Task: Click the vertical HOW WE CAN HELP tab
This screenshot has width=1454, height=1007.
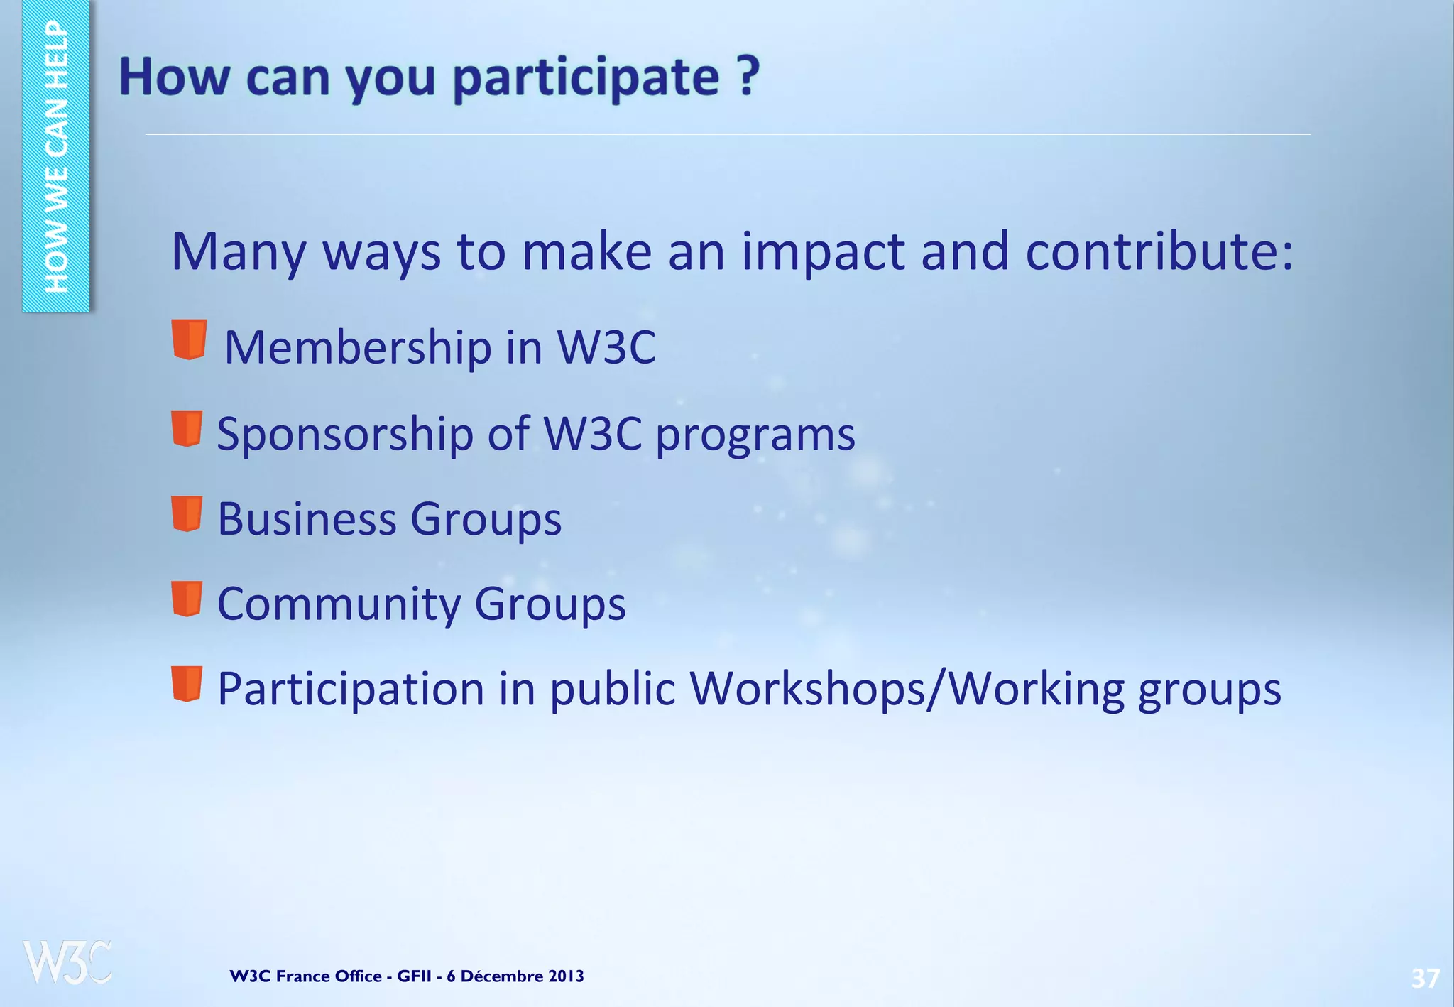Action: (56, 156)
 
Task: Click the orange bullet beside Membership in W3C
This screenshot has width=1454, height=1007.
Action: (189, 339)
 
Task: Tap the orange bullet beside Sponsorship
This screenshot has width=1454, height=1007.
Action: (187, 428)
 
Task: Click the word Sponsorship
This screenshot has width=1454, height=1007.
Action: (345, 433)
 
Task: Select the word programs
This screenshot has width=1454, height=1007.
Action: (755, 435)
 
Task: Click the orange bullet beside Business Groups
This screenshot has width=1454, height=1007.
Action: (187, 513)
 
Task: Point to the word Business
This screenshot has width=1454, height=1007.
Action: (306, 518)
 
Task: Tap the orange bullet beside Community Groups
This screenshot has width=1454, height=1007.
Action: (187, 599)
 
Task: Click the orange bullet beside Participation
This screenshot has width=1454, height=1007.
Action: (187, 683)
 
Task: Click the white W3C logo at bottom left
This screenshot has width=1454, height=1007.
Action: (67, 962)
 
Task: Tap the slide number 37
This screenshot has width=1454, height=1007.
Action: (1424, 978)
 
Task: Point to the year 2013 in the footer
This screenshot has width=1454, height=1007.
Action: (566, 976)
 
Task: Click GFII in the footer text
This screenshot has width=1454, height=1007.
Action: (414, 976)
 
